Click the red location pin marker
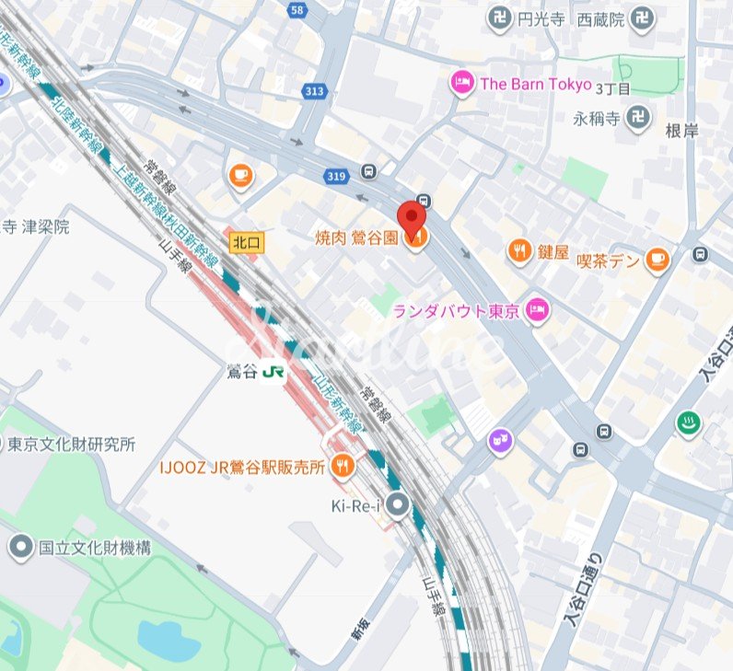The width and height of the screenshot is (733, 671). (x=411, y=219)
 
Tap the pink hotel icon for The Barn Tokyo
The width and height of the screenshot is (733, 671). (x=461, y=84)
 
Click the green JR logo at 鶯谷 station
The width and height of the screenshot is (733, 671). (x=273, y=372)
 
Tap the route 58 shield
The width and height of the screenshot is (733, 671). (x=296, y=10)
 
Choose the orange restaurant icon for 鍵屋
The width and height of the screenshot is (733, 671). (x=519, y=250)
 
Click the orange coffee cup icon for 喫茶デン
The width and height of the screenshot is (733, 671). (x=657, y=260)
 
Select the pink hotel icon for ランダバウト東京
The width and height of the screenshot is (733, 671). (x=537, y=310)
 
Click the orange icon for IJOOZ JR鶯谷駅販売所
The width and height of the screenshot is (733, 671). (x=344, y=467)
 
